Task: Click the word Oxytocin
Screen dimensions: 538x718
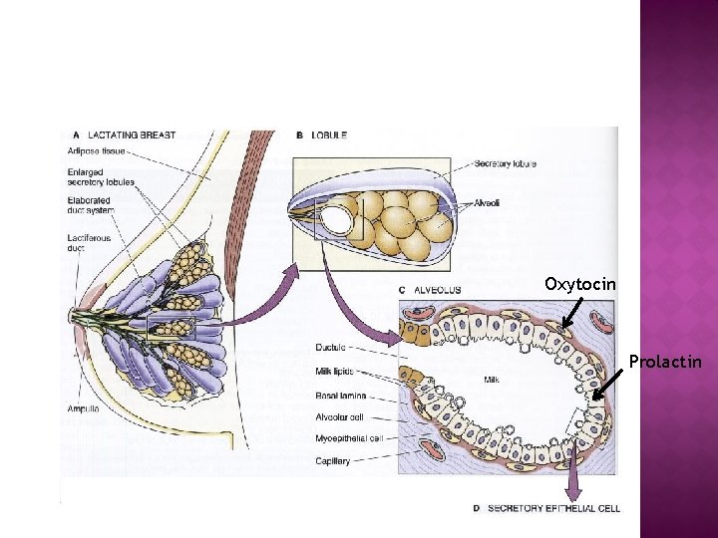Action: (x=580, y=284)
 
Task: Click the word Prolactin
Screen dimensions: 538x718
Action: (x=665, y=361)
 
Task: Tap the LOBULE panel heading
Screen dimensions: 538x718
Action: (x=329, y=135)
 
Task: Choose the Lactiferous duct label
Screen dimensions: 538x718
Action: (x=91, y=243)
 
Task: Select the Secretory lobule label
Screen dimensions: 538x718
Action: (x=506, y=163)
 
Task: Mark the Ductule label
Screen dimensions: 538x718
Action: (x=329, y=348)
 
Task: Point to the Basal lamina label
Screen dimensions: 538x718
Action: (x=336, y=396)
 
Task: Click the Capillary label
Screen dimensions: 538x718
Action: (x=332, y=460)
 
